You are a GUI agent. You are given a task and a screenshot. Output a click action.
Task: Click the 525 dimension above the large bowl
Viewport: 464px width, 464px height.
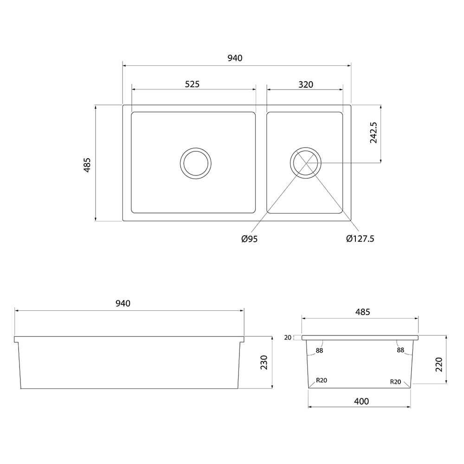click(x=193, y=84)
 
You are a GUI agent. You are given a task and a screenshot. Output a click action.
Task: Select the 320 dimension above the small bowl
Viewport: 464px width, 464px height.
click(x=306, y=84)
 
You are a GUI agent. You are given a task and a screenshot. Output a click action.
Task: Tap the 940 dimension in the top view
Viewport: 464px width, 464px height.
click(x=235, y=58)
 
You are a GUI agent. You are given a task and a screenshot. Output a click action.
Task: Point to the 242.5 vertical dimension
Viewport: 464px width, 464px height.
click(x=374, y=133)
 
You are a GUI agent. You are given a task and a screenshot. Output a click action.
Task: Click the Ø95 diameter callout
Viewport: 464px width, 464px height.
click(x=250, y=239)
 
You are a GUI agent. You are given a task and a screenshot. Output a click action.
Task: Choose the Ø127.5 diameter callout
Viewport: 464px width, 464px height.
click(x=360, y=238)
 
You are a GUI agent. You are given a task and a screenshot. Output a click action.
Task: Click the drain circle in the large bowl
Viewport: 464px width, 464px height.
click(x=196, y=163)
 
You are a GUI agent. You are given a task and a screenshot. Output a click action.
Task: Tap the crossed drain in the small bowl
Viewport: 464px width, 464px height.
click(x=306, y=163)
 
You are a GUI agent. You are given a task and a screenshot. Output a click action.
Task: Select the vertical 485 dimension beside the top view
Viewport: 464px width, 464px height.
click(x=87, y=165)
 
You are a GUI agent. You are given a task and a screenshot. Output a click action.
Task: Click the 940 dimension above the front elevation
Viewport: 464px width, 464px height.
click(x=123, y=303)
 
